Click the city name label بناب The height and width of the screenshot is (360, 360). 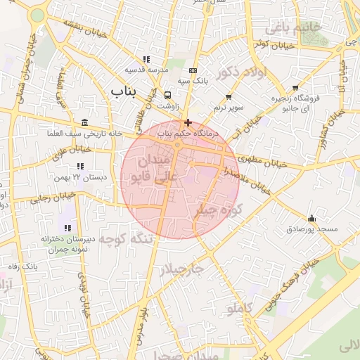coord(126,91)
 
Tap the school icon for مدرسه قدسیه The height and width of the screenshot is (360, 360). coord(146,59)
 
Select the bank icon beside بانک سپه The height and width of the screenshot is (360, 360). coord(193,70)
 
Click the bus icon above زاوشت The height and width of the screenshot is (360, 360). coord(167,95)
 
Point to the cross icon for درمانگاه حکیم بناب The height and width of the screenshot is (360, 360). coord(187,122)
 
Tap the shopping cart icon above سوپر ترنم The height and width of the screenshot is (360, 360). coord(229,96)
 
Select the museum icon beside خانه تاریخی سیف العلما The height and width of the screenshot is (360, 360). coord(85,122)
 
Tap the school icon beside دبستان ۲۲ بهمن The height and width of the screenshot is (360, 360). coord(80,167)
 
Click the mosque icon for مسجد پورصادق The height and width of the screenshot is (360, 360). coord(311,218)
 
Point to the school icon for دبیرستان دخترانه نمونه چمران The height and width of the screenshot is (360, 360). coord(67,228)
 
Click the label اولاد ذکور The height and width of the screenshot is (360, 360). coord(238,74)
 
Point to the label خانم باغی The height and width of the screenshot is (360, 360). coord(293,27)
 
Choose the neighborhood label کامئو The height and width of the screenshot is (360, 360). coord(240,308)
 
